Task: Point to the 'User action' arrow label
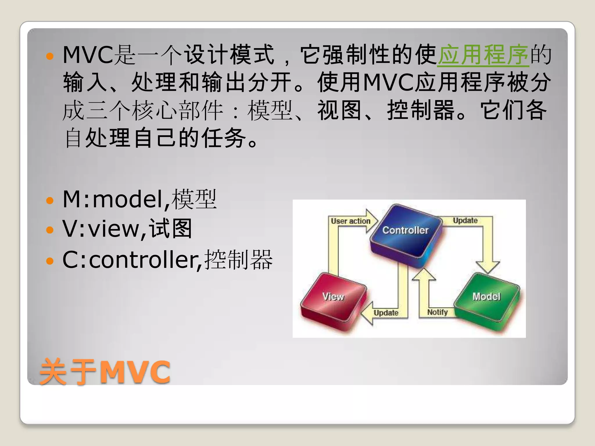tap(351, 221)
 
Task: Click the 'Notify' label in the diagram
tap(437, 312)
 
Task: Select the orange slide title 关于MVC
tap(105, 372)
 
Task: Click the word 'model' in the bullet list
tap(128, 200)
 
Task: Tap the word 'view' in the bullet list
tap(114, 229)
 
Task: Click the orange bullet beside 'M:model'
tap(50, 200)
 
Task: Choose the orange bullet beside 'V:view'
tap(50, 230)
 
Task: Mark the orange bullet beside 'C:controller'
tap(50, 260)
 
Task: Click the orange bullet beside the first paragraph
tap(50, 56)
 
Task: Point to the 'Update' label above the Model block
tap(465, 220)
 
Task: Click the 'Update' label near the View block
tap(386, 313)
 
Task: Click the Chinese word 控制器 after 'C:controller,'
tap(238, 260)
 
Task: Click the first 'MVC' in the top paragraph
tap(88, 55)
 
